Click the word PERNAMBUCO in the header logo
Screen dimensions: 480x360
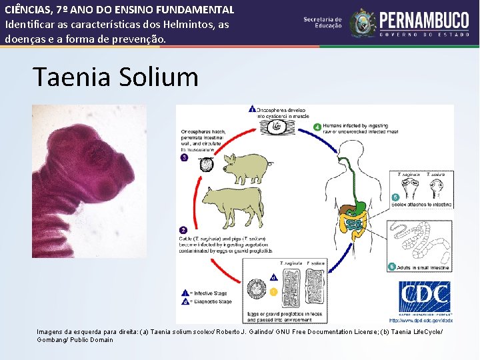(425, 19)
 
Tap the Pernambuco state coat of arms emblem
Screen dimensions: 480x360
(363, 22)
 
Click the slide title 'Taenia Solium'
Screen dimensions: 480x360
(115, 77)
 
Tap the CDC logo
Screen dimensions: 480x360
(424, 297)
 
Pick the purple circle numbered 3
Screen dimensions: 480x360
(185, 158)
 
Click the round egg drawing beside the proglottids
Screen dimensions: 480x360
(257, 289)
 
